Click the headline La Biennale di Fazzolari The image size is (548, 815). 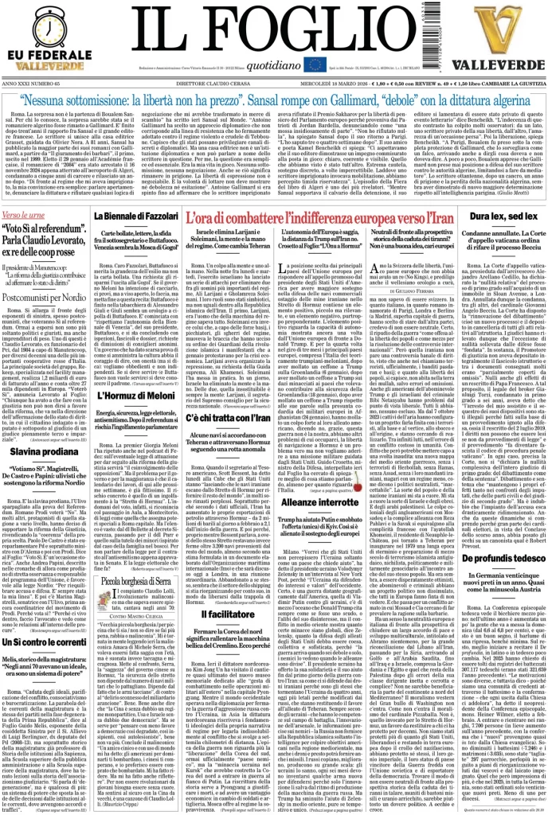135,216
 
